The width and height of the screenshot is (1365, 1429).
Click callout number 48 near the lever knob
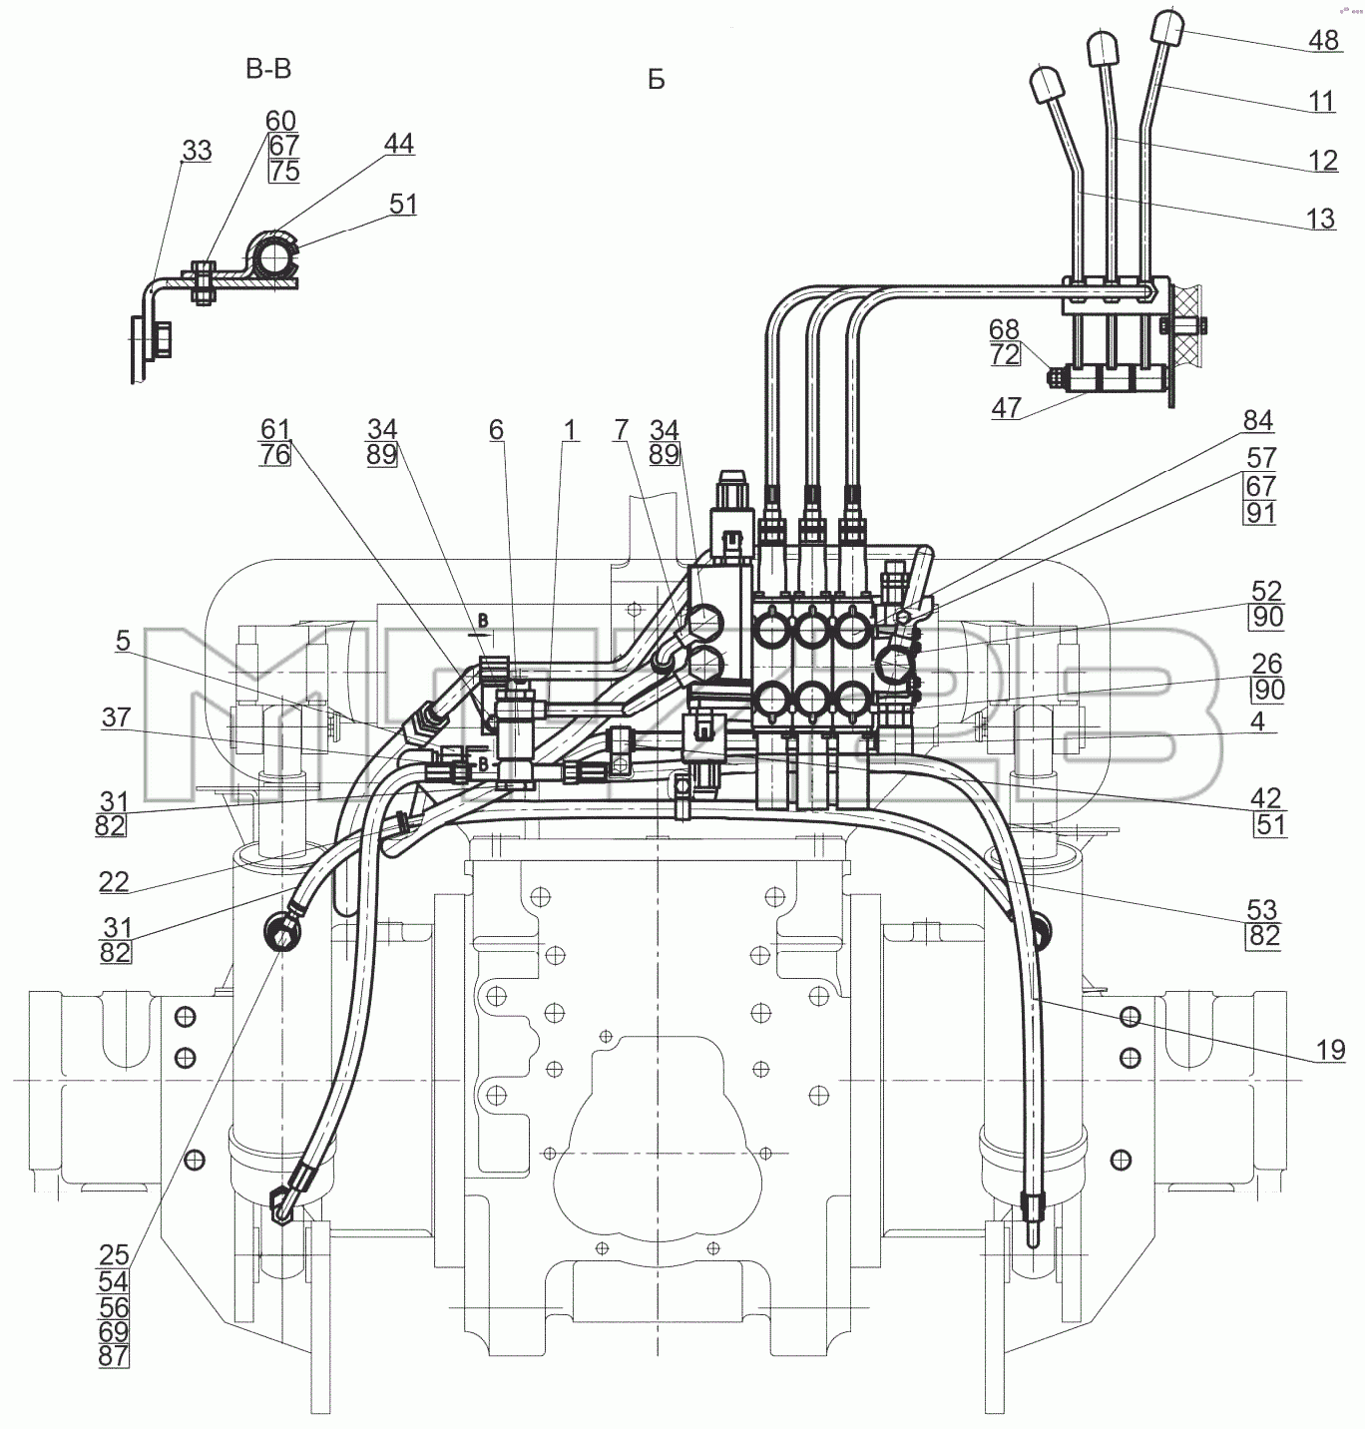click(1323, 40)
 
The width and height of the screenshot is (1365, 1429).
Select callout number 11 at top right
click(1322, 101)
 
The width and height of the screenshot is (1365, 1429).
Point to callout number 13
click(1320, 219)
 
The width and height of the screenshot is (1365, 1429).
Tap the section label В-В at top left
click(268, 69)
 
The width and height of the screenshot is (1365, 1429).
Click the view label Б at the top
click(657, 79)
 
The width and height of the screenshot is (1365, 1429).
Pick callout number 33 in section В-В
click(197, 151)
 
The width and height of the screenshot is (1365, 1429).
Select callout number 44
click(399, 143)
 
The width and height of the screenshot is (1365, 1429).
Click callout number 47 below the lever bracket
click(1006, 407)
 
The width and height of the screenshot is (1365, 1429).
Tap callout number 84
click(1258, 421)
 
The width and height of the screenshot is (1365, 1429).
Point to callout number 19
click(1330, 1050)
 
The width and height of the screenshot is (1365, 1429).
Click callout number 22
click(114, 881)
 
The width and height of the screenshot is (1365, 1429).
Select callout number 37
click(116, 716)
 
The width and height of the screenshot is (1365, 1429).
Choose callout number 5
click(123, 641)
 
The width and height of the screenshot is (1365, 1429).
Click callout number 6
click(496, 429)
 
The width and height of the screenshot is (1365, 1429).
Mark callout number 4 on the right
click(1257, 721)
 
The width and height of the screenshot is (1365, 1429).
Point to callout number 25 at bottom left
click(114, 1254)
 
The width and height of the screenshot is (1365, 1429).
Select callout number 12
click(1323, 160)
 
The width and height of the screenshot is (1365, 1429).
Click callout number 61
click(275, 429)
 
